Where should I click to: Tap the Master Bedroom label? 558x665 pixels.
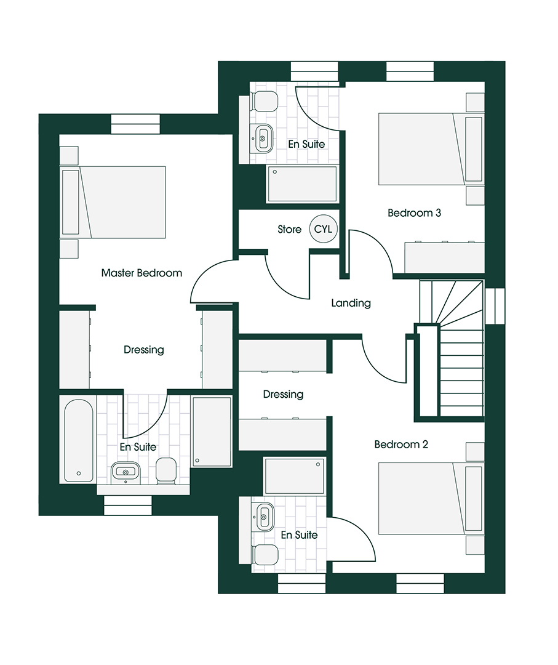(x=141, y=273)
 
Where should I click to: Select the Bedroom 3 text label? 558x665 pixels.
(x=414, y=213)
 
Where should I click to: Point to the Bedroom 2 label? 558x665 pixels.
(x=401, y=444)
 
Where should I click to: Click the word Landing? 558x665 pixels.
(x=351, y=303)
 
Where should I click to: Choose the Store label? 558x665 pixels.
(x=289, y=230)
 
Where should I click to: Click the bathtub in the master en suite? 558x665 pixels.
(x=78, y=439)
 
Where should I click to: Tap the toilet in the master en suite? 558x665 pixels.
(x=165, y=471)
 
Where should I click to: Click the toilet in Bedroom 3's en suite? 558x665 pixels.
(x=264, y=102)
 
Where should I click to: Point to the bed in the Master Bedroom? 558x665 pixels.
(x=114, y=202)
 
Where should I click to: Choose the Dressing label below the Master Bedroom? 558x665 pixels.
(x=144, y=350)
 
